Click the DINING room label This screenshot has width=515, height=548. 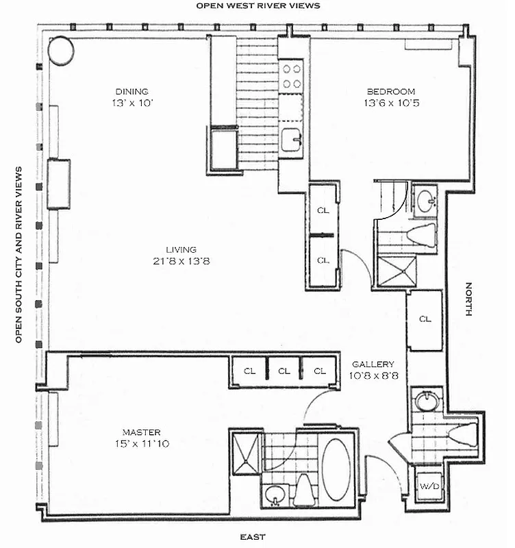(x=131, y=91)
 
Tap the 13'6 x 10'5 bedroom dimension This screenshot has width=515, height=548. (x=390, y=103)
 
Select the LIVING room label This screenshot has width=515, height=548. (x=181, y=249)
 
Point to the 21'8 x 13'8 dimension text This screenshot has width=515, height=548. (x=181, y=261)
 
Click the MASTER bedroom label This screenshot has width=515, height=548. (x=141, y=432)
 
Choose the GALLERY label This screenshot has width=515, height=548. (x=373, y=364)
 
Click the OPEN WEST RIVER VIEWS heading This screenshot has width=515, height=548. (x=258, y=5)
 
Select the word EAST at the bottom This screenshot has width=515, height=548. (x=253, y=537)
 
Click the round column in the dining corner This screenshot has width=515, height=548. (x=60, y=49)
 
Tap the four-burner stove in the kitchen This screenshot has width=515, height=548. (x=292, y=75)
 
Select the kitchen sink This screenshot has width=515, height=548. (x=293, y=140)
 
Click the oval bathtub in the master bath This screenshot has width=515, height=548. (x=336, y=469)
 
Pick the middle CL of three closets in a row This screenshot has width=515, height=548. (x=284, y=371)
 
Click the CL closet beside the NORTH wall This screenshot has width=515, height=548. (x=425, y=319)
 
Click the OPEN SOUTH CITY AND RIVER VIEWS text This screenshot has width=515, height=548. (x=19, y=253)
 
